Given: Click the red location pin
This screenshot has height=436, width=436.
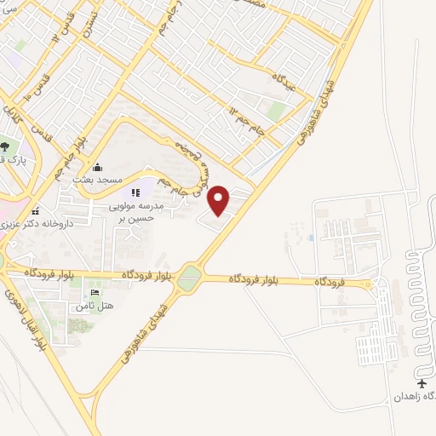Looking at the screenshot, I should [219, 200].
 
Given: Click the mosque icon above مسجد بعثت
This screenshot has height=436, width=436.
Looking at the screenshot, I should [98, 166].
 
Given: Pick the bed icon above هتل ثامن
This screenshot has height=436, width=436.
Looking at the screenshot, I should [93, 292].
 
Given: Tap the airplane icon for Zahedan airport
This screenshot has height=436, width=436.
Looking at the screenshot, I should [425, 383].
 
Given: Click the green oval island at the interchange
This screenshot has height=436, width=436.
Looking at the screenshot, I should [190, 277].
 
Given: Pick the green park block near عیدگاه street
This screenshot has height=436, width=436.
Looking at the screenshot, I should [275, 112].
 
